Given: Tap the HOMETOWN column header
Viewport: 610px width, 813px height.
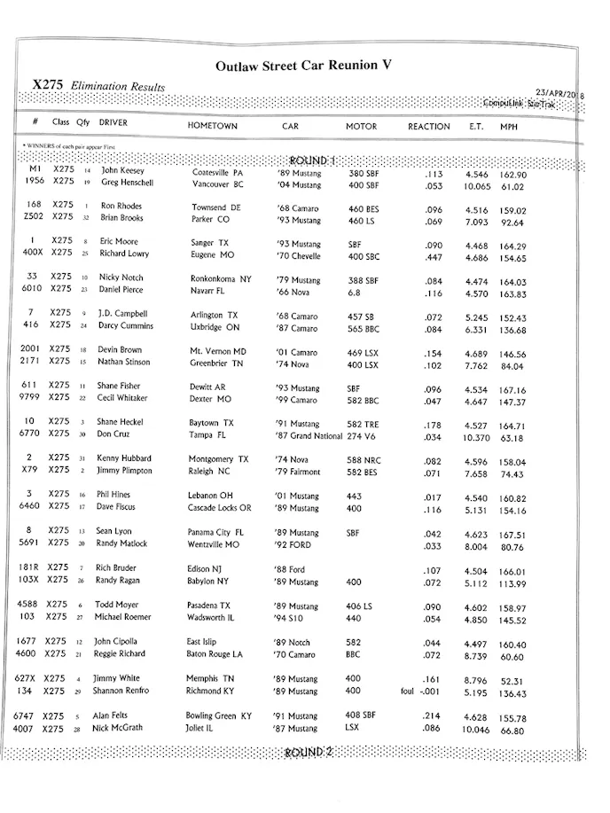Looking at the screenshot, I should pos(212,126).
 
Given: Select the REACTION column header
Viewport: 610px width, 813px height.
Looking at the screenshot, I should pos(428,126).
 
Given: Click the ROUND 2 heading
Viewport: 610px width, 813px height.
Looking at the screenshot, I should pos(308,752).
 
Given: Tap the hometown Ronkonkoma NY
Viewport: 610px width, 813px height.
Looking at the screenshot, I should pos(221,278).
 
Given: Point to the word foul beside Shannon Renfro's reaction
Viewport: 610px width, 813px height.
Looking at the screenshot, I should pos(408,692).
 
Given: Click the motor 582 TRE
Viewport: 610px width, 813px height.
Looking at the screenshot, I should pos(364,423).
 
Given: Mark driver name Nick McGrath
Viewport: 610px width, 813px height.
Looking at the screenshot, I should pos(117,728).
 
